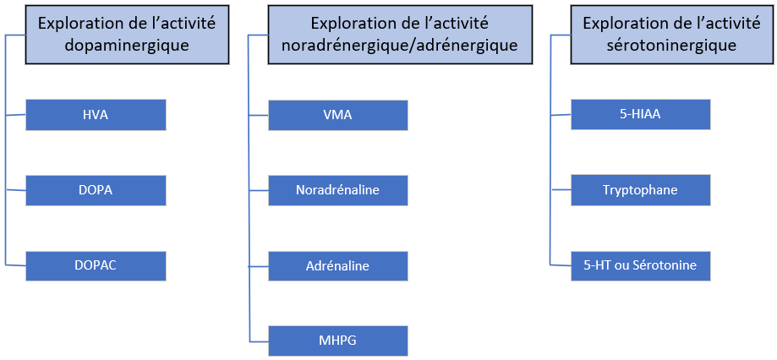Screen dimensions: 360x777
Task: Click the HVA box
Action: pos(96,115)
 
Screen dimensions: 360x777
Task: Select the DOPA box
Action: pos(96,190)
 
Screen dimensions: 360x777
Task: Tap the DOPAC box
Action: pos(96,265)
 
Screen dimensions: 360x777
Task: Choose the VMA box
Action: pos(337,115)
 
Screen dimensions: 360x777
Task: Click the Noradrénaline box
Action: pos(337,190)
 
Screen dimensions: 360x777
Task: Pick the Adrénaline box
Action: pos(337,265)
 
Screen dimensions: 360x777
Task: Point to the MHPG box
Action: pos(337,341)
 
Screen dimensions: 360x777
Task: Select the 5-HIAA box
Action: pos(640,115)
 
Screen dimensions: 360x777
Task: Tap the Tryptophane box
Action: pos(640,190)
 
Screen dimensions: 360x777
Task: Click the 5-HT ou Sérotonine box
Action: pos(640,265)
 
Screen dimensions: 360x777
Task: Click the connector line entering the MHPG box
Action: pos(259,341)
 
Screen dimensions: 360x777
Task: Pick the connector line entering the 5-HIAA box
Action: pos(561,115)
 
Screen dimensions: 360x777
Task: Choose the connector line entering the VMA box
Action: pos(259,115)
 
